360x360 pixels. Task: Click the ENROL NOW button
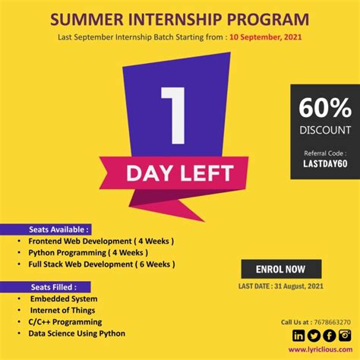[x=281, y=269]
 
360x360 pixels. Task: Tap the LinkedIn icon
[x=298, y=336]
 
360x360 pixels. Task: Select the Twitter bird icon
[x=314, y=336]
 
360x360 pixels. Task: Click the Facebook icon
[x=329, y=336]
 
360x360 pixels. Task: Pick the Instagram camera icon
[x=344, y=336]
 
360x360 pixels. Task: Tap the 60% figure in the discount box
[x=324, y=106]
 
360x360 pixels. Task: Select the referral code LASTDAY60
[x=324, y=163]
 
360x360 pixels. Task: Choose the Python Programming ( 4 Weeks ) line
[x=87, y=252]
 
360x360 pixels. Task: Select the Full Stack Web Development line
[x=101, y=264]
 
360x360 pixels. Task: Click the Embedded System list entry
[x=64, y=298]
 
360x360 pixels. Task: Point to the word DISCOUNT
[x=324, y=129]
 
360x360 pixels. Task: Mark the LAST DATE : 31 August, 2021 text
[x=280, y=286]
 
